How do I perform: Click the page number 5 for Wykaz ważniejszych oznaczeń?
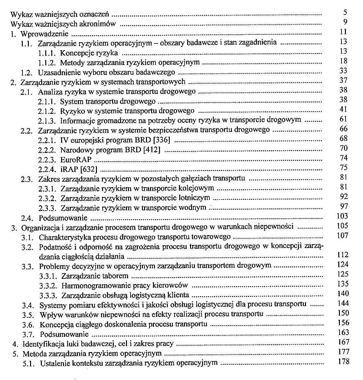[345, 13]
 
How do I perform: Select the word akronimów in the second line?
[101, 24]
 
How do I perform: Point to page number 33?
[343, 71]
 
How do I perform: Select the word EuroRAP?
[76, 160]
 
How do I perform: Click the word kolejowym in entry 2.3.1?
[199, 188]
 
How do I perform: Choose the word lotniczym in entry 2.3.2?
[197, 198]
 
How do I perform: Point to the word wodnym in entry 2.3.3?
[194, 208]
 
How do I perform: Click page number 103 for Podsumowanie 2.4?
[342, 216]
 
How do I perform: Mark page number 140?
[343, 294]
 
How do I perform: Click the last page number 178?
[344, 362]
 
